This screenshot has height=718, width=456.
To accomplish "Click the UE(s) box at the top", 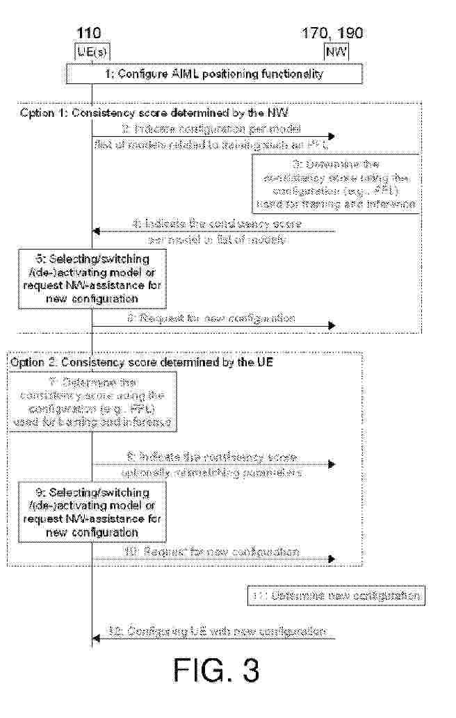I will [x=92, y=51].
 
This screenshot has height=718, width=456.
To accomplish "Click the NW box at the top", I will [x=336, y=51].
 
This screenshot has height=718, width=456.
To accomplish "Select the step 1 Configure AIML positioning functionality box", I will [x=215, y=74].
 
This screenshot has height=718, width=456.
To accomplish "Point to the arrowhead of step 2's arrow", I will [x=332, y=136].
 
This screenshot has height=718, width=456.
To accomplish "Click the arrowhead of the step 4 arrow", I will [x=97, y=231].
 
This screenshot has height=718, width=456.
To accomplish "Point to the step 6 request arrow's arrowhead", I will [x=332, y=325].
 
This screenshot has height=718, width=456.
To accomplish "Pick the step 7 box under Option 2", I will [x=92, y=402].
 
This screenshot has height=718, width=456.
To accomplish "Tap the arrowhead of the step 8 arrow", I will [x=332, y=464].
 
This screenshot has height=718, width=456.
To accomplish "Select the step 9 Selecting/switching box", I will [x=92, y=512].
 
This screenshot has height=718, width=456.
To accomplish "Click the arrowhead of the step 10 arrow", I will [x=332, y=558].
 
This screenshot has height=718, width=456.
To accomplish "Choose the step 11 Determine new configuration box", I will [x=335, y=596].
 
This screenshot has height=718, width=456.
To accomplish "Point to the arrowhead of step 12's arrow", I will [x=97, y=638].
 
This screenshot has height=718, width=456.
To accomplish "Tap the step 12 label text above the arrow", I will [x=216, y=631].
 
